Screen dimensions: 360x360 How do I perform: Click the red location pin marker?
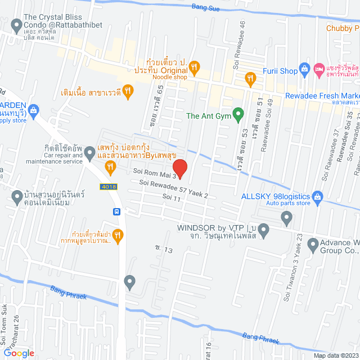click(x=179, y=168)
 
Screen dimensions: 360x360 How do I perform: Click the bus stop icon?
click(x=116, y=211)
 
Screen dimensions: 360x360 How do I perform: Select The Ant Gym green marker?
click(x=238, y=116)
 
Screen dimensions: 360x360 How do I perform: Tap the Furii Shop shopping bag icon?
click(x=305, y=70)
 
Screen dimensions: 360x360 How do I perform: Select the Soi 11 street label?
click(x=171, y=198)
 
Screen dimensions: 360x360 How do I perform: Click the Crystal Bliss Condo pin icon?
click(x=16, y=25)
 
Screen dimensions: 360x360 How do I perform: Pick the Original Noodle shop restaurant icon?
click(x=194, y=67)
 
